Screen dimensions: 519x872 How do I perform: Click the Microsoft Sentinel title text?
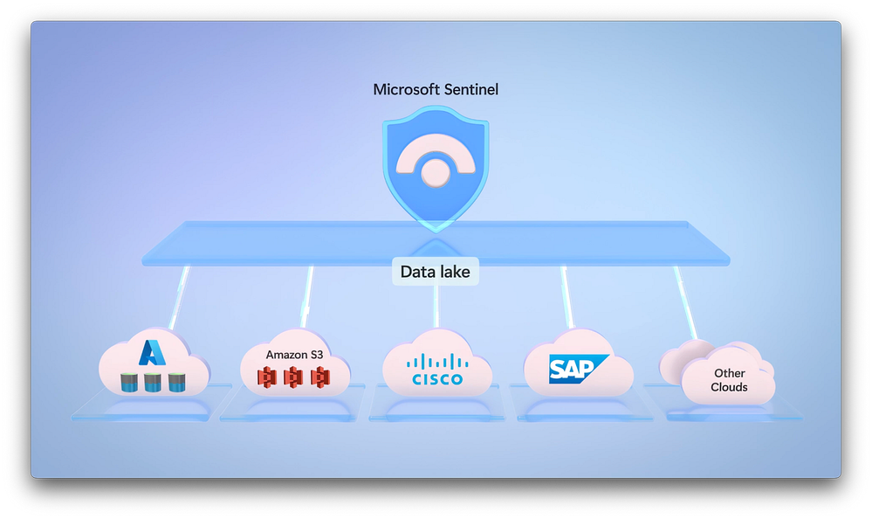436,89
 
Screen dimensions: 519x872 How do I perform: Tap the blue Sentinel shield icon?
436,166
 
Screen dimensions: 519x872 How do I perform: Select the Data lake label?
435,272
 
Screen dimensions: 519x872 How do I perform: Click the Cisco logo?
436,370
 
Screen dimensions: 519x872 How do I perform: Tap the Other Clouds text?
729,380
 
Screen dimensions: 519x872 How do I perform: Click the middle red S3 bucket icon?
295,377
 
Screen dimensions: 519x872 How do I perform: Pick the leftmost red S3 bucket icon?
268,377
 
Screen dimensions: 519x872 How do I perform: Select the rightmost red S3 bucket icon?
321,377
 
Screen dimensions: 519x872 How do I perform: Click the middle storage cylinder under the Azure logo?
153,382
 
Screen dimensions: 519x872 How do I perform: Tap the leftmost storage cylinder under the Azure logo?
128,382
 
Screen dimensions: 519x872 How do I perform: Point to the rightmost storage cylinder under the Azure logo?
177,382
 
